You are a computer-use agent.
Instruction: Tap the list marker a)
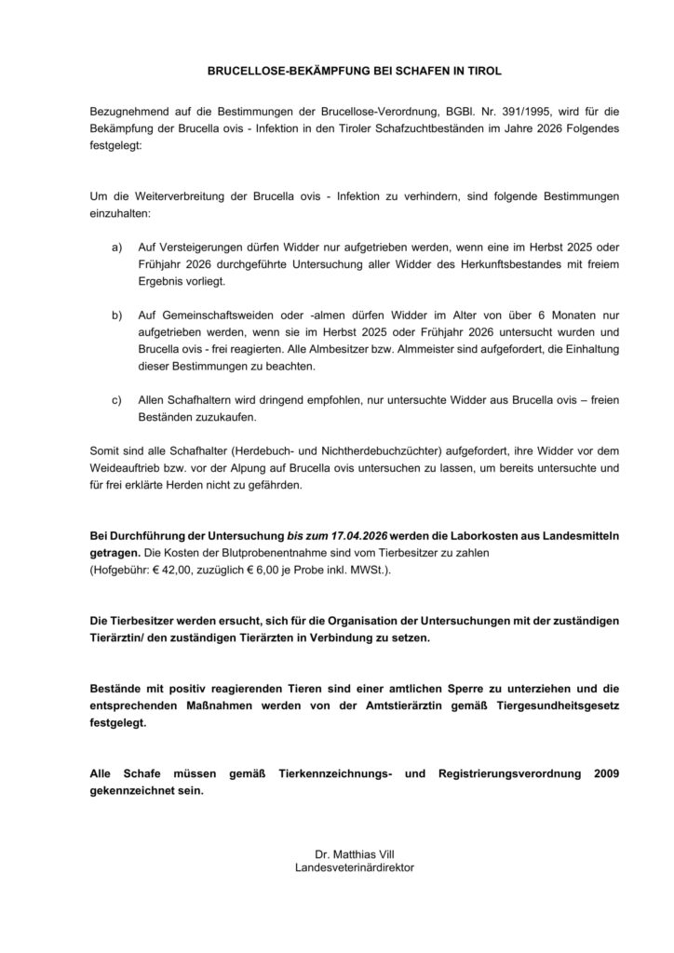(x=117, y=248)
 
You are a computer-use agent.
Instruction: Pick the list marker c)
(x=117, y=399)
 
